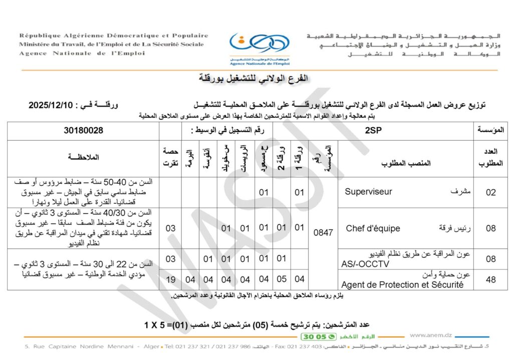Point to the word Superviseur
369,192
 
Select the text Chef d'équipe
373,228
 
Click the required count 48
490,280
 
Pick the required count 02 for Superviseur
490,192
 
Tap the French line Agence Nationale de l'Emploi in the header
83,53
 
